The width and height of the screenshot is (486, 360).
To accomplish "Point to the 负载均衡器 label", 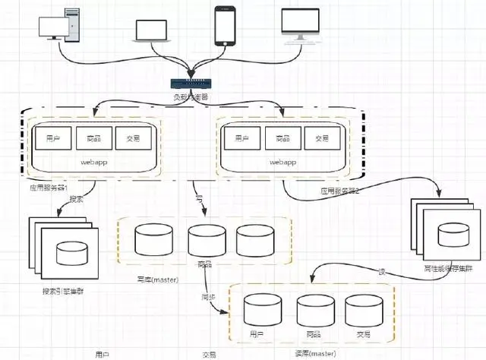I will click(190, 97).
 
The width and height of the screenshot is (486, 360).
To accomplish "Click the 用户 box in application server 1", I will click(52, 137).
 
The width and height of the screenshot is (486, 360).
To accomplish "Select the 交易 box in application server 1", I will click(131, 137).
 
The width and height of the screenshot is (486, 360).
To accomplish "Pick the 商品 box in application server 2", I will click(283, 138).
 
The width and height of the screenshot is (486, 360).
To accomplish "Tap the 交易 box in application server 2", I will click(323, 138).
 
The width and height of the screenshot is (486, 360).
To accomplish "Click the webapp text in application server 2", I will click(282, 163).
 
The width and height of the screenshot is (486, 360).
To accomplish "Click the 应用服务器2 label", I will click(339, 191).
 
